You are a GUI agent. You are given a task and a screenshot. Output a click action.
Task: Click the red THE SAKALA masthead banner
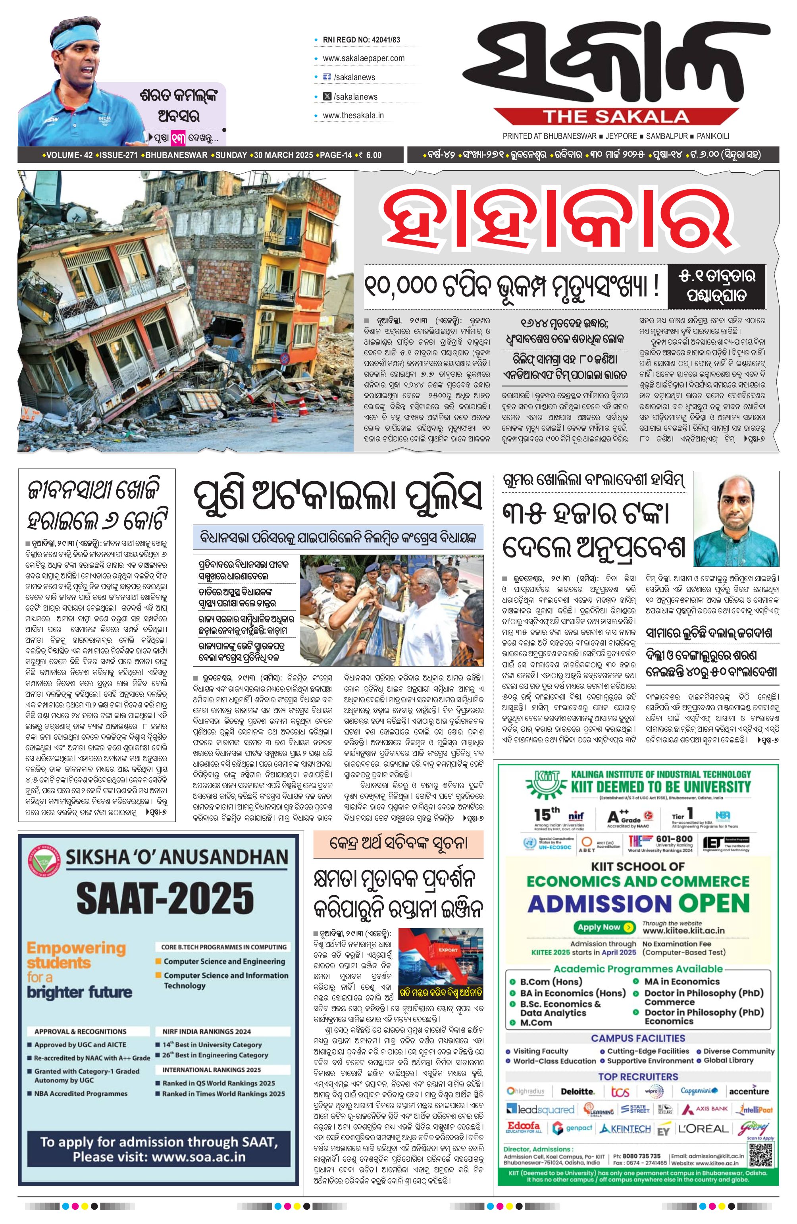[616, 117]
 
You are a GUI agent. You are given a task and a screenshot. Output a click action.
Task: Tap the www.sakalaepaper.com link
[364, 58]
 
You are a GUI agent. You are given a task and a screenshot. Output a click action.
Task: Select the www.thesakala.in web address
[353, 115]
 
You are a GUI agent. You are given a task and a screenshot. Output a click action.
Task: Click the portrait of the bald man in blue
[736, 520]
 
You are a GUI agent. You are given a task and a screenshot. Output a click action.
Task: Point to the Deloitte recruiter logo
[578, 1087]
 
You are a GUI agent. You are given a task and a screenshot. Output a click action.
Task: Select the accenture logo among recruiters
[749, 1087]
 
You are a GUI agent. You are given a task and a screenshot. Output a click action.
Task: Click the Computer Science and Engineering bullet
[224, 961]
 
